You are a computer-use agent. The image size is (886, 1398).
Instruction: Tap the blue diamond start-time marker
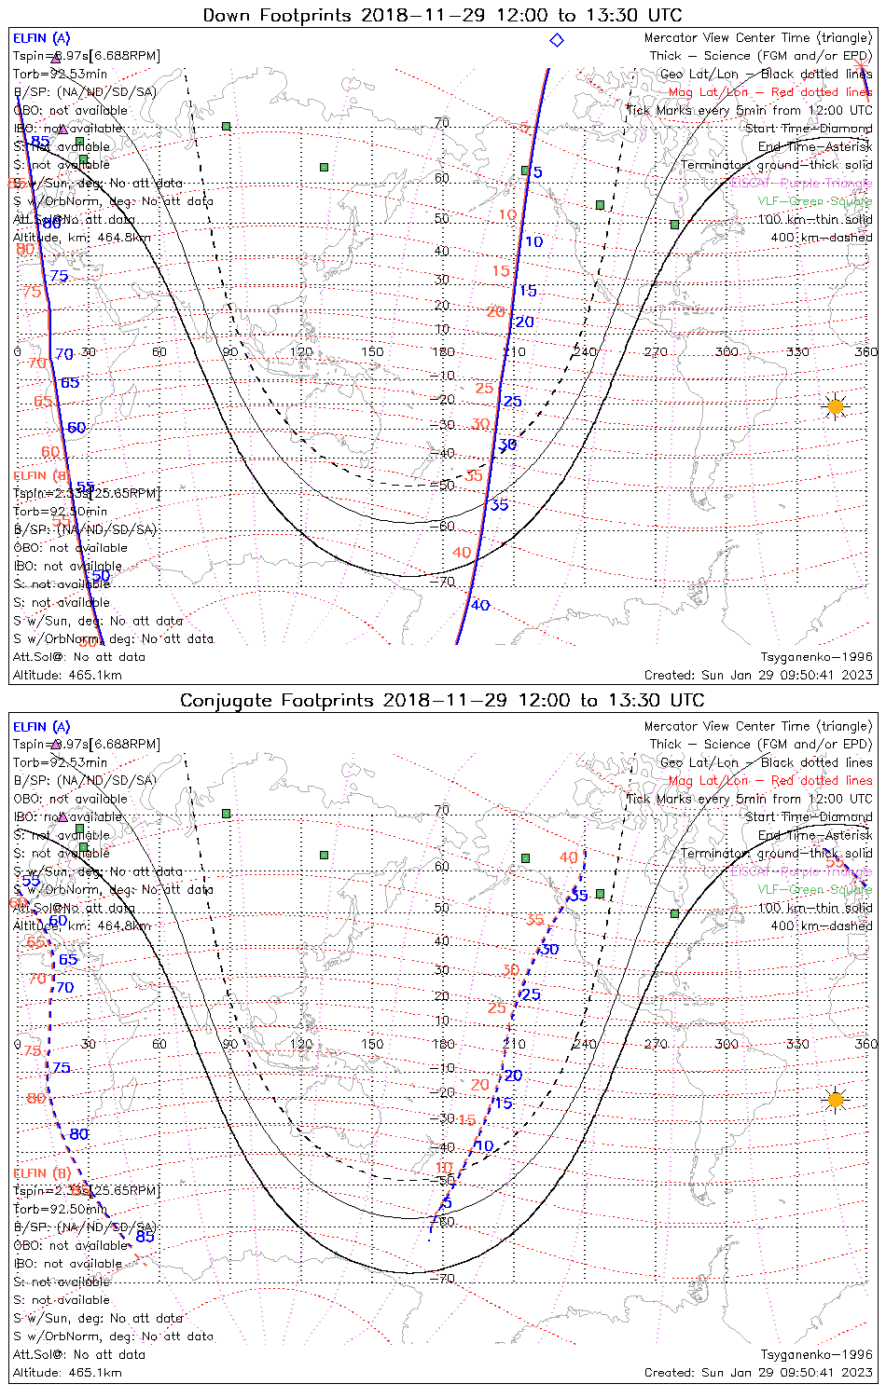557,40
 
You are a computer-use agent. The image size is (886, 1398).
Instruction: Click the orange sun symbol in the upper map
835,407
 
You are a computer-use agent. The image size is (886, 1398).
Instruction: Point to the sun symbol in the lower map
835,1100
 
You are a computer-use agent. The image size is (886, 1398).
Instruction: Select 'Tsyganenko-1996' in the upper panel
817,656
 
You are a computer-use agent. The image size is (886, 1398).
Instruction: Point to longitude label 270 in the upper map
656,351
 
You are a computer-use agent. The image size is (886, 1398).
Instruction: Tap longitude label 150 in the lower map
372,1044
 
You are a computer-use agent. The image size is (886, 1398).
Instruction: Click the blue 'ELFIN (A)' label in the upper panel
41,38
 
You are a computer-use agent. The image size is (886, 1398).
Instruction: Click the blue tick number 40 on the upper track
480,605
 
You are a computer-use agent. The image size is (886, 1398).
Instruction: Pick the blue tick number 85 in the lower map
145,1237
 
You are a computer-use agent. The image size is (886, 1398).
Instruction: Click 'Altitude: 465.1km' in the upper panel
67,675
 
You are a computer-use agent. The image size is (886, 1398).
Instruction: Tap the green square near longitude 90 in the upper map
226,126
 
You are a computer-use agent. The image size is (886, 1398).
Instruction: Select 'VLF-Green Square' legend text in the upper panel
814,201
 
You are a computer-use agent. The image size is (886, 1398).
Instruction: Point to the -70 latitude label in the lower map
443,1278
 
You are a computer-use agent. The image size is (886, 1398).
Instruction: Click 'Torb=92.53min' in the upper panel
60,74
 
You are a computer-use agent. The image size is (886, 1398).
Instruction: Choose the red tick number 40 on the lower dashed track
568,857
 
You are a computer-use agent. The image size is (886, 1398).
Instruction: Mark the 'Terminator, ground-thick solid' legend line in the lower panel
776,853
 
